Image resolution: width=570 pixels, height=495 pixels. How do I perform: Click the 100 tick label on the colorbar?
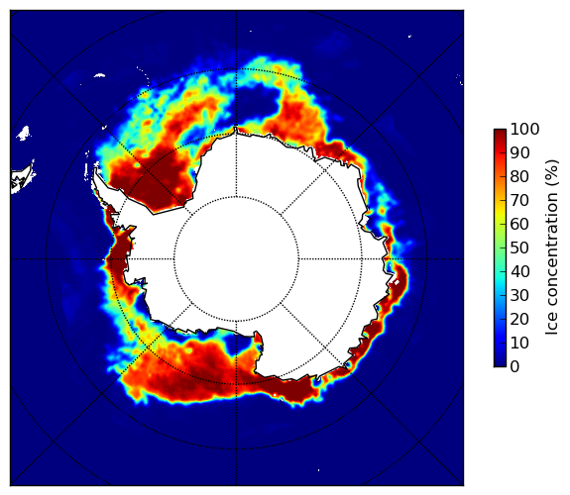tap(524, 129)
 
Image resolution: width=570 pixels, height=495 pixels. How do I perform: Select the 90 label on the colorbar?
tap(519, 152)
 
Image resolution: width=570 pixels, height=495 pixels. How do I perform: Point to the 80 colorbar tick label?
tap(519, 177)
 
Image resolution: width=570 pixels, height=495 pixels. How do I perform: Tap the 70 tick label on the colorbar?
tap(519, 200)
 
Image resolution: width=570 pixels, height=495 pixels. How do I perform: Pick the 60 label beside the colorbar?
tap(519, 224)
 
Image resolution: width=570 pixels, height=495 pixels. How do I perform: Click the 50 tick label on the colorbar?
tap(519, 248)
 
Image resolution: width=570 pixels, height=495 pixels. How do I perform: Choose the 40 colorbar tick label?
tap(519, 271)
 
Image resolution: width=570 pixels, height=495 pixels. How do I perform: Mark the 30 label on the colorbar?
tap(519, 296)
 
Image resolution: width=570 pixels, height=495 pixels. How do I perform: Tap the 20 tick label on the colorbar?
tap(519, 319)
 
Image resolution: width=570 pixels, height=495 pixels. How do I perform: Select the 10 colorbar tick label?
tap(519, 343)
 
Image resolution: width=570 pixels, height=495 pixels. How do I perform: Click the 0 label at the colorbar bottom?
tap(515, 367)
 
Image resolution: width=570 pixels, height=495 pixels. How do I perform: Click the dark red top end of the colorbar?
tap(500, 132)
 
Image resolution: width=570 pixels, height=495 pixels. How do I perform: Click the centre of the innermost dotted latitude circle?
tap(236, 259)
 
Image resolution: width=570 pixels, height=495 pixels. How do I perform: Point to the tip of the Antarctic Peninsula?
tap(95, 170)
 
